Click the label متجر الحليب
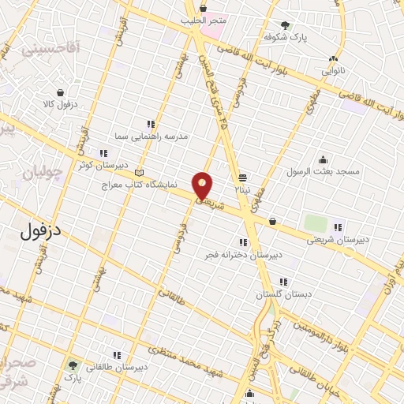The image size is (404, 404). (x=204, y=20)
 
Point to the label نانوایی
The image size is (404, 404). (x=333, y=70)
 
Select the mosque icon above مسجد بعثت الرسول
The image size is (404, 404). (x=322, y=159)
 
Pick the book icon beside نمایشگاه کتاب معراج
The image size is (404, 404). (x=140, y=173)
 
